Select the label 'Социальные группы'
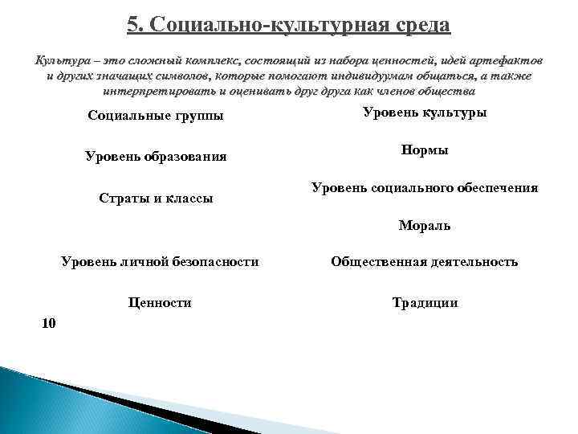click(155, 117)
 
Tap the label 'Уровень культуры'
click(425, 113)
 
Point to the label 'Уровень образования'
click(156, 156)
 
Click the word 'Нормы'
click(425, 150)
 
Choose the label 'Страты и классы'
click(156, 198)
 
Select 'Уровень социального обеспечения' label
click(425, 188)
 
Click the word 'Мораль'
click(425, 226)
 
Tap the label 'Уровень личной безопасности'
click(161, 261)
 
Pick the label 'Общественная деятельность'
click(425, 262)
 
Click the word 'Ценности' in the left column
click(160, 303)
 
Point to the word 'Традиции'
click(425, 303)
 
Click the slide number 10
click(48, 323)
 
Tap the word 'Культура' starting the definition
click(58, 61)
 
